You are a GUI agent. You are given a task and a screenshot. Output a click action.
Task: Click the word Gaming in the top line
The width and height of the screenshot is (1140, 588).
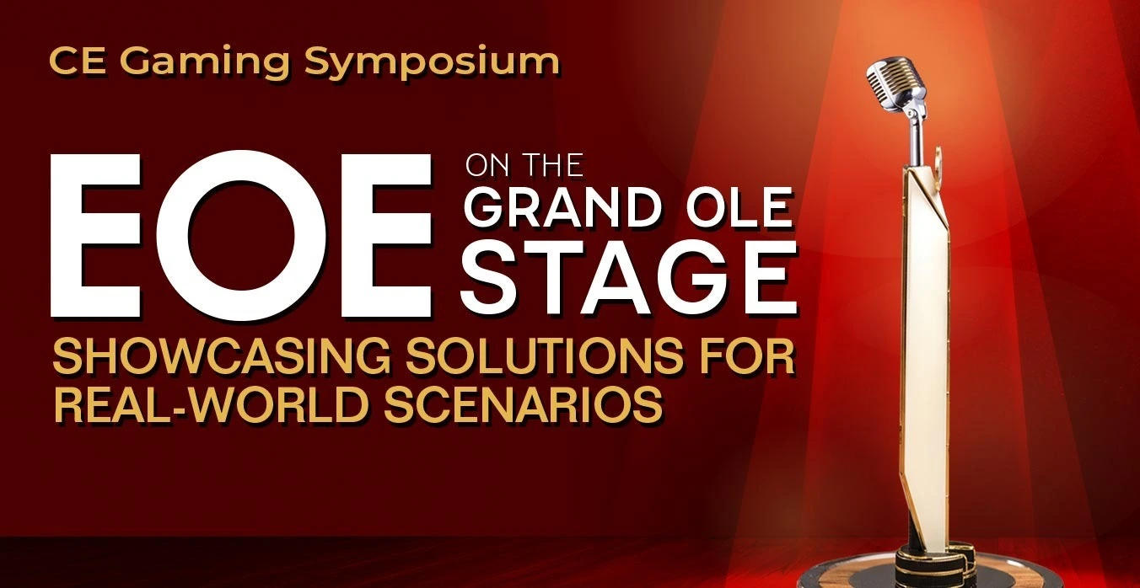click(205, 63)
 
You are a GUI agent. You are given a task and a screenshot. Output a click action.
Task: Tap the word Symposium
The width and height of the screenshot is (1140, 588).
click(432, 63)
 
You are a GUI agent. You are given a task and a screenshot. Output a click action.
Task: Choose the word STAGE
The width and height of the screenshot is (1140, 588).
click(629, 278)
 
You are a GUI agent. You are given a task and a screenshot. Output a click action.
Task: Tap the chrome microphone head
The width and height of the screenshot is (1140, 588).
click(895, 84)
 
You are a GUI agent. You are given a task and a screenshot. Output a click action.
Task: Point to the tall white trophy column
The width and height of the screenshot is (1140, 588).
click(928, 356)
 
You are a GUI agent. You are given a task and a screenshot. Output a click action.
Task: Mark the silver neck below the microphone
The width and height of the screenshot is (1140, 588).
click(915, 137)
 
